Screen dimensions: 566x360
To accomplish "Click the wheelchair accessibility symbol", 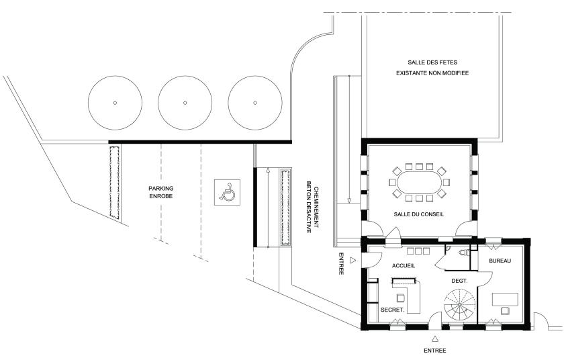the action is click(227, 192).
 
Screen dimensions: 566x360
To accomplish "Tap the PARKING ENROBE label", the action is click(161, 192).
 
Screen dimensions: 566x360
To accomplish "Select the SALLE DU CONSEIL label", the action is click(419, 214).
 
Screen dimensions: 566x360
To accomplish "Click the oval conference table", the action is click(419, 182).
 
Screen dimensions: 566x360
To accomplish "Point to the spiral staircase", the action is click(459, 304).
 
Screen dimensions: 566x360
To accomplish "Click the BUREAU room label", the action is click(500, 261).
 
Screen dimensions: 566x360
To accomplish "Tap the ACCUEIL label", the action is click(404, 266).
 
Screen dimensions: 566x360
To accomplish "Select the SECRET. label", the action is click(392, 310).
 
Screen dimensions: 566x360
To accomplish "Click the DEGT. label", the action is click(459, 281).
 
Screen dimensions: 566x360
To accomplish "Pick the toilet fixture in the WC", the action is click(464, 253).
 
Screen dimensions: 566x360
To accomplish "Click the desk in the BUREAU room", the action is click(505, 300).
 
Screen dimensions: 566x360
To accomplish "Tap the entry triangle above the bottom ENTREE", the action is click(435, 339).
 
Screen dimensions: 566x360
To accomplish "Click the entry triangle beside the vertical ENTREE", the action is click(353, 260).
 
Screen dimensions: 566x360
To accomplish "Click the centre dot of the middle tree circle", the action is click(185, 103).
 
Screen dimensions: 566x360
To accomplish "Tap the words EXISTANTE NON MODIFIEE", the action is click(432, 73).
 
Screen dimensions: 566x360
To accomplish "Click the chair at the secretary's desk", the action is click(400, 298).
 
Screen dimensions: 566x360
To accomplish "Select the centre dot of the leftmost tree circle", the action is click(115, 103).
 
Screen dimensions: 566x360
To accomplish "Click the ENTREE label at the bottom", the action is click(435, 351).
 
